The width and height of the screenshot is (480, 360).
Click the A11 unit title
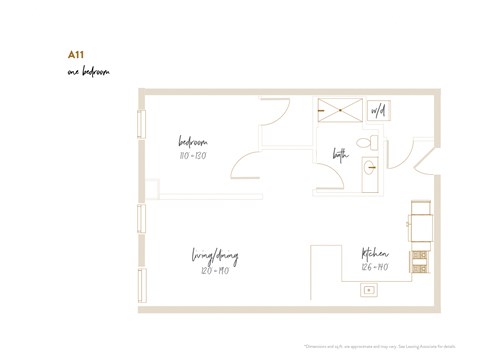[75, 55]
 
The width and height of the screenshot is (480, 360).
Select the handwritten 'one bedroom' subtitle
[89, 73]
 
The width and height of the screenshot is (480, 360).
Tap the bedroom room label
[193, 142]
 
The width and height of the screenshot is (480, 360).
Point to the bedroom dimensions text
[193, 155]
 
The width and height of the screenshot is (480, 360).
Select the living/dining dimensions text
[215, 270]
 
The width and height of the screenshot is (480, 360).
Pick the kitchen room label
[375, 254]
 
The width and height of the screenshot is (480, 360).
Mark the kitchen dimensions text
[375, 267]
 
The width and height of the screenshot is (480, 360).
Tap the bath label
[340, 154]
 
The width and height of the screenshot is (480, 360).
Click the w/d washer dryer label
[378, 111]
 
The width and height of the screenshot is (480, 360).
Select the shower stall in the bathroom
[340, 110]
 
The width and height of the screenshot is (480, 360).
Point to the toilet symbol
[364, 143]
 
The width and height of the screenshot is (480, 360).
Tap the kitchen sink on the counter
[369, 289]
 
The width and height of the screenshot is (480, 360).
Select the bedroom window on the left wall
[141, 124]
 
